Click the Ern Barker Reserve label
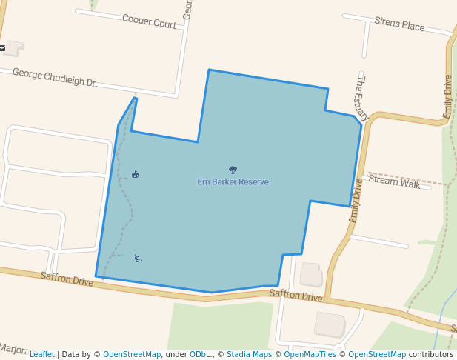point(233,182)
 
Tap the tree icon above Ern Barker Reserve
point(233,170)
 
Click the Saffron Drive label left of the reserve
point(67,279)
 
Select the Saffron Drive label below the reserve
point(296,295)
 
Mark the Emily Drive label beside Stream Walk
point(356,201)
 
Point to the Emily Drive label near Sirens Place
point(447,97)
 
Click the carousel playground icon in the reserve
point(135,175)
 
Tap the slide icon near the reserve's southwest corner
point(138,258)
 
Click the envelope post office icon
point(3,48)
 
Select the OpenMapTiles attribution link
point(310,355)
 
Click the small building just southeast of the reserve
point(310,274)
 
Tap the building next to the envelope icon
point(14,48)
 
